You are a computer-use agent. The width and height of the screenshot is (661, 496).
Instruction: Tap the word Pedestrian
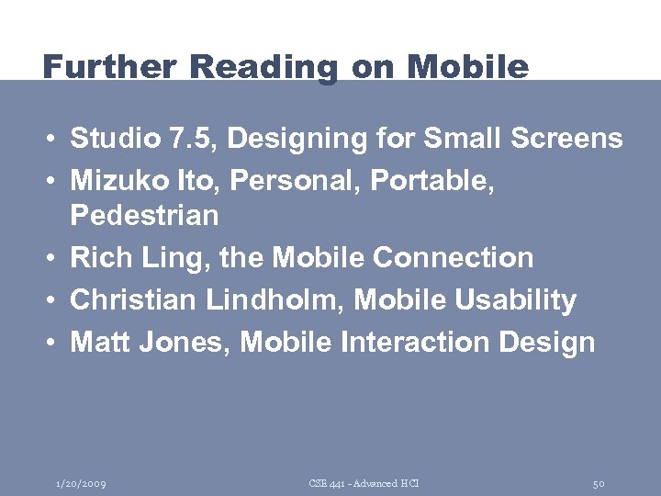[x=144, y=216]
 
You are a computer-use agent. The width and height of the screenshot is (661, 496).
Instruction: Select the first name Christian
[x=130, y=299]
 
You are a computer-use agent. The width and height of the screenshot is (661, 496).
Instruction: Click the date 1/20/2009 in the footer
[x=80, y=483]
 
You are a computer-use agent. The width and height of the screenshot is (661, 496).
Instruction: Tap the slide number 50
[x=599, y=483]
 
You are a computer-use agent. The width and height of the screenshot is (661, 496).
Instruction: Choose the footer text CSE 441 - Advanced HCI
[x=364, y=483]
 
